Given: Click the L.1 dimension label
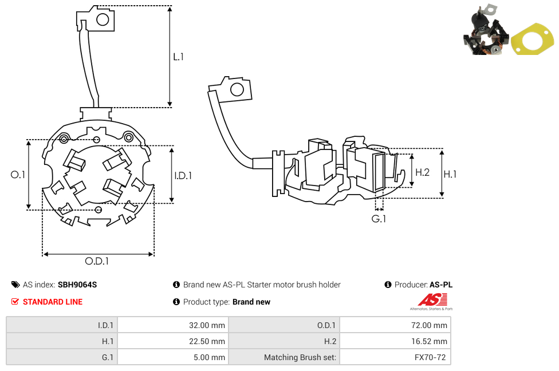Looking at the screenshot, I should pos(178,57).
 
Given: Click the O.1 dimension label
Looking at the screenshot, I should pos(18,175).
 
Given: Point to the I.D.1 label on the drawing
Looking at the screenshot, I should pos(183,176).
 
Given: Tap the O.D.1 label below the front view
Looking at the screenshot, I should pos(97,261).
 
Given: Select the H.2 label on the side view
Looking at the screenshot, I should pos(422,172).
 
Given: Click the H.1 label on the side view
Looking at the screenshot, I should pos(450,174).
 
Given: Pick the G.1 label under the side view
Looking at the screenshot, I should pos(379,219).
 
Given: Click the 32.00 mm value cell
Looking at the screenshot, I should pos(207,325).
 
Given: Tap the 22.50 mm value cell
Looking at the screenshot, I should pos(207,341).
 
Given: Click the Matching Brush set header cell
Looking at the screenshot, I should pos(300,357).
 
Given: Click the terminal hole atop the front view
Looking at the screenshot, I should pos(103,20).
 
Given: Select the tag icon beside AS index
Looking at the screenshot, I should pos(15,285).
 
